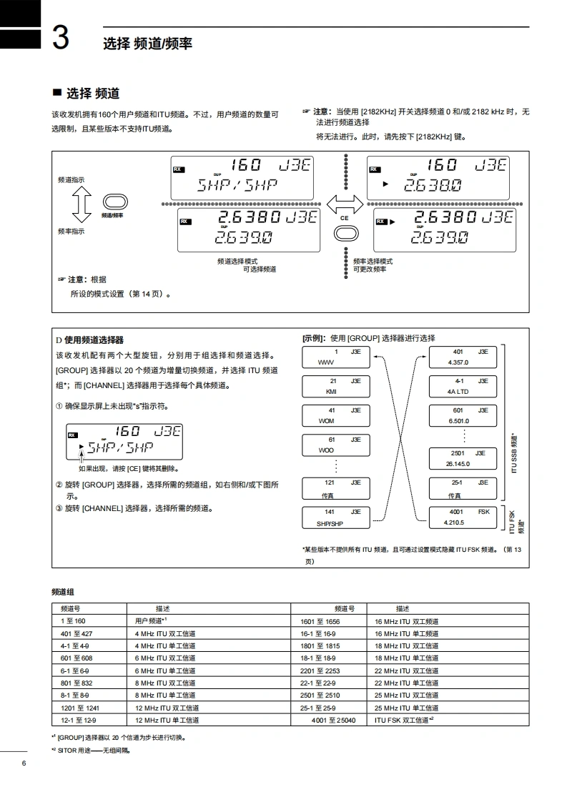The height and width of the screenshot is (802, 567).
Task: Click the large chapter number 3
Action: [x=61, y=38]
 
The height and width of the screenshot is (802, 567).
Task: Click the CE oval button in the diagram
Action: [x=345, y=232]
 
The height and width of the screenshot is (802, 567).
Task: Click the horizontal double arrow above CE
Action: [x=345, y=203]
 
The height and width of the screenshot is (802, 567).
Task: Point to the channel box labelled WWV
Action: [x=335, y=357]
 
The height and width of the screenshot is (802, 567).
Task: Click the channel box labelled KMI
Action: [x=335, y=387]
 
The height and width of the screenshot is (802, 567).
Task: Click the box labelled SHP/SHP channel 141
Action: [x=335, y=518]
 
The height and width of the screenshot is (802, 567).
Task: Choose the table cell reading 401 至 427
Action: [x=77, y=633]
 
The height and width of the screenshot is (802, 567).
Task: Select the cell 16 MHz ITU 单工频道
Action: [x=407, y=633]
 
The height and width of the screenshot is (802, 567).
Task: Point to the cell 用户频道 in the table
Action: [x=151, y=621]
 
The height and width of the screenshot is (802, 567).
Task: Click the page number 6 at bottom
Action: [x=24, y=764]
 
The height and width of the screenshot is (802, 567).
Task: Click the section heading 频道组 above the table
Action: [x=63, y=592]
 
